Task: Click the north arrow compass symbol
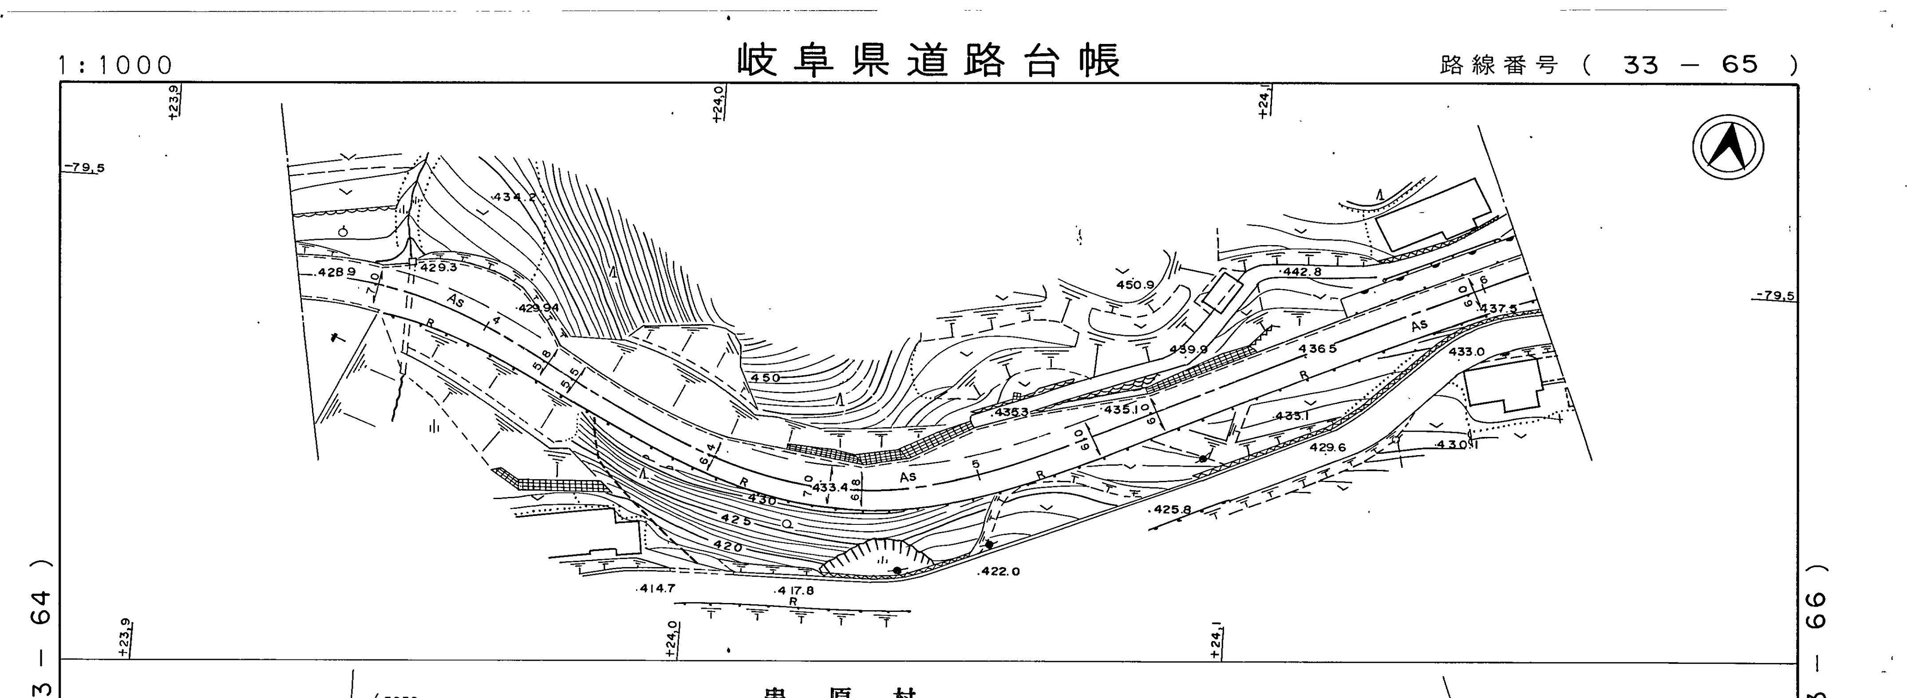coord(1727,147)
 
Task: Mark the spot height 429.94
coord(538,308)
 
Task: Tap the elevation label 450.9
coord(1135,285)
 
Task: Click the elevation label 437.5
coord(1498,308)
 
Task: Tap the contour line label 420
coord(727,546)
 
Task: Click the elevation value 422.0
coord(999,571)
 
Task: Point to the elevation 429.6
coord(1327,448)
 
